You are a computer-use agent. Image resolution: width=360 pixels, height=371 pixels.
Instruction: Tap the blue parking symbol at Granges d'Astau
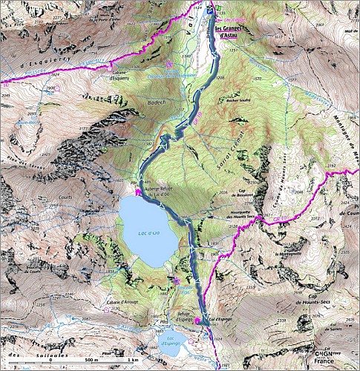coord(210,10)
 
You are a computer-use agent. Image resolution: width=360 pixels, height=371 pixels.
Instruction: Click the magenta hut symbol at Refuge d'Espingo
coord(198,321)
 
